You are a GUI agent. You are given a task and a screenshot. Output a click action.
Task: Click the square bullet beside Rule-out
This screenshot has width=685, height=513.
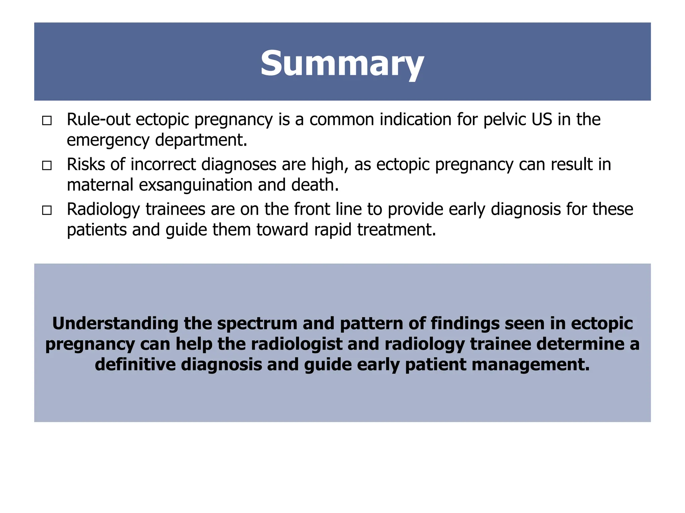[x=47, y=121]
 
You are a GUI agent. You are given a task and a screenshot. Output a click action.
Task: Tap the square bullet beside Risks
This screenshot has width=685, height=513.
[x=47, y=165]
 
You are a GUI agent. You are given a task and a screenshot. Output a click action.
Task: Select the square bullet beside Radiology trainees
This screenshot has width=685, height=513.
[x=47, y=210]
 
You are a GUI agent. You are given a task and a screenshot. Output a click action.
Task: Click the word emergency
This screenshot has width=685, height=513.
[x=108, y=140]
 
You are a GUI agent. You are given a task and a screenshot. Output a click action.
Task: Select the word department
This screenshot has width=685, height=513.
[x=201, y=140]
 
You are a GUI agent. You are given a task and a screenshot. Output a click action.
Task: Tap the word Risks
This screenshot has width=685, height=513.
[x=86, y=164]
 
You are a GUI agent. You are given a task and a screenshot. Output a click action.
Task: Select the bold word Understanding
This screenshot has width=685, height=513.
[x=115, y=323]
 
